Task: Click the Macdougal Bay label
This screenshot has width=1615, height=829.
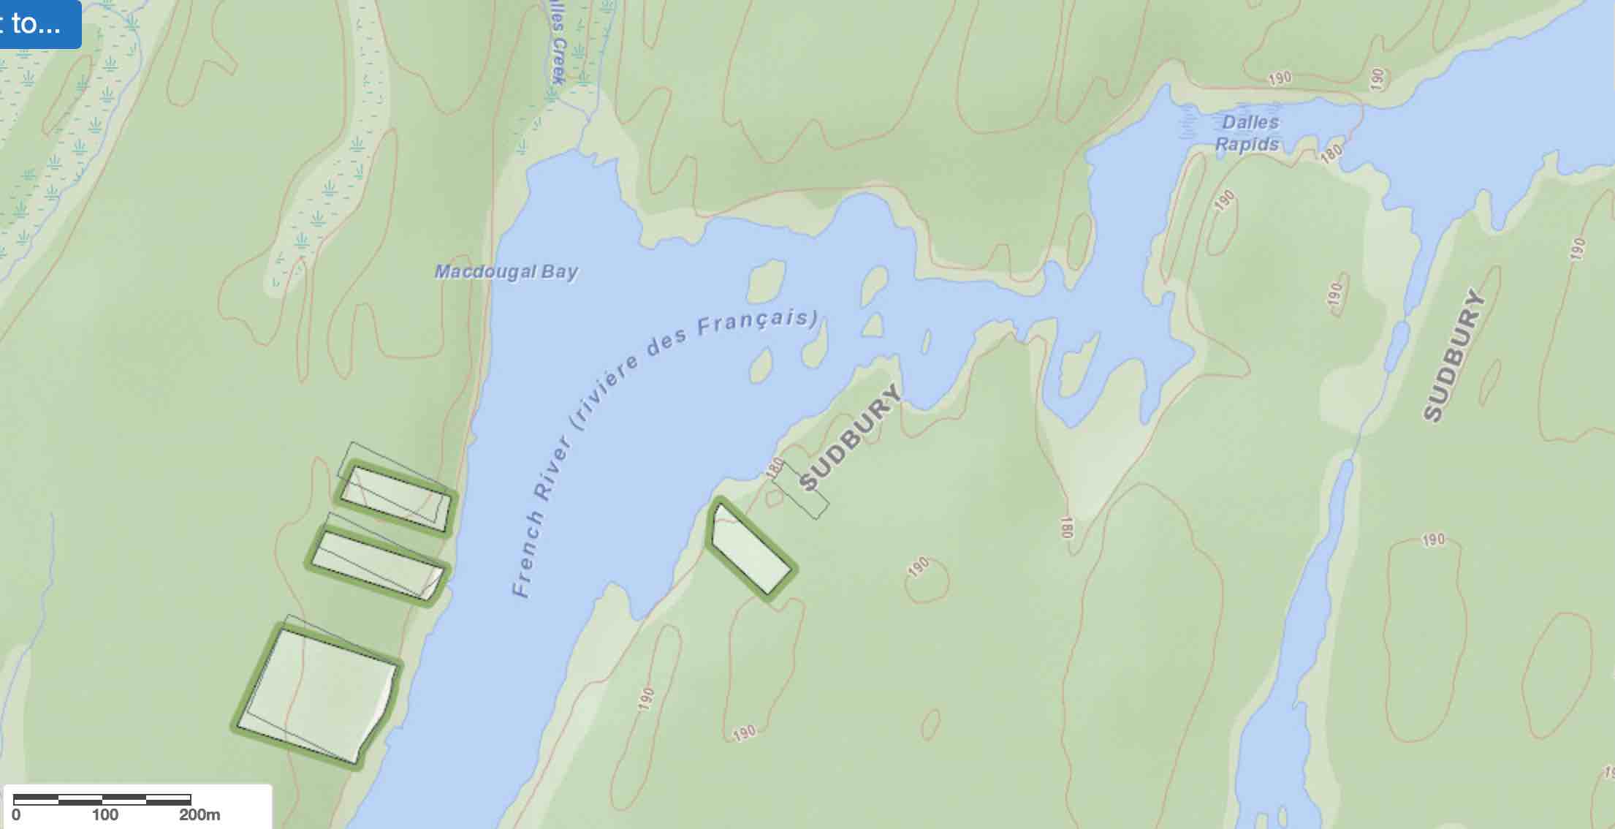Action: [x=506, y=272]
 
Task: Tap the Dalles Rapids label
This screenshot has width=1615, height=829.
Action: [x=1248, y=133]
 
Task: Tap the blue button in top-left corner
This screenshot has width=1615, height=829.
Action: [x=37, y=23]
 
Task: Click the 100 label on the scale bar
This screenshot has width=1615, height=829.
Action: [x=104, y=814]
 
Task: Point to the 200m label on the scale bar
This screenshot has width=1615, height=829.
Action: [x=199, y=814]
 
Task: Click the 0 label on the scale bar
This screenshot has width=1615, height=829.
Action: [x=16, y=814]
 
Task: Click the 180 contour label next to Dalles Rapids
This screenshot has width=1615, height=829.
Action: [x=1331, y=152]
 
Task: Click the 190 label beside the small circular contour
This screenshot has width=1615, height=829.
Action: [x=919, y=567]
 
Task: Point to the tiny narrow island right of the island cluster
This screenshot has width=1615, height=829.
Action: [x=926, y=341]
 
